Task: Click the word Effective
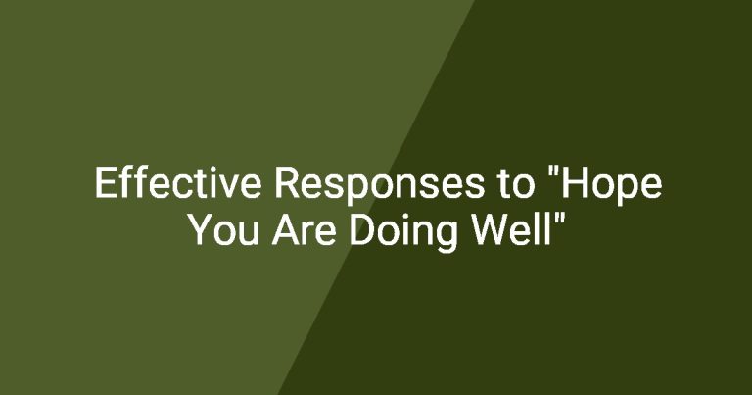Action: coord(178,183)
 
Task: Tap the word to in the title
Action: coord(516,184)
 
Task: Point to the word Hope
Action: coord(611,186)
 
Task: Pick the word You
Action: coord(224,229)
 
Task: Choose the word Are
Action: coord(305,229)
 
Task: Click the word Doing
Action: coord(403,232)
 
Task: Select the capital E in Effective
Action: coord(105,182)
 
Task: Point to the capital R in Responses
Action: coord(287,182)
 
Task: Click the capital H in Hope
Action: coord(574,182)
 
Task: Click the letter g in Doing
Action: coord(446,237)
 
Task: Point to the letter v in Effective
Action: coord(229,186)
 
